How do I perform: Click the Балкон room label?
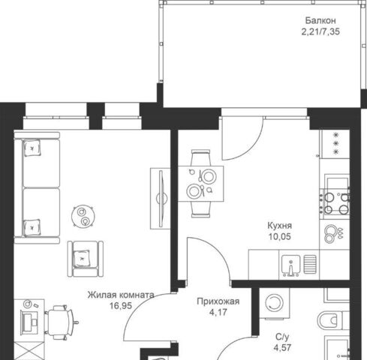pyautogui.click(x=320, y=20)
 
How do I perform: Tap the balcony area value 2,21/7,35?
pyautogui.click(x=320, y=32)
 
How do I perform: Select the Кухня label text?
pyautogui.click(x=280, y=226)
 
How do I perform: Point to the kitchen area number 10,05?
pyautogui.click(x=280, y=236)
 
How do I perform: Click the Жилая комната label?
pyautogui.click(x=121, y=295)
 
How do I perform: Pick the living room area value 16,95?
pyautogui.click(x=121, y=305)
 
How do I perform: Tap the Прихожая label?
pyautogui.click(x=218, y=301)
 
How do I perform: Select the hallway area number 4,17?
pyautogui.click(x=218, y=312)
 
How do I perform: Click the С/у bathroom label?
pyautogui.click(x=282, y=337)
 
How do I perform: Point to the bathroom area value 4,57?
pyautogui.click(x=282, y=348)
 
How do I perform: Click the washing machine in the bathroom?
pyautogui.click(x=274, y=304)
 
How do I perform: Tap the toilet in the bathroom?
pyautogui.click(x=333, y=319)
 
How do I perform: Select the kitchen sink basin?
pyautogui.click(x=290, y=265)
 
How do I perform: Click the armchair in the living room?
pyautogui.click(x=86, y=259)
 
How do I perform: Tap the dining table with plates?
pyautogui.click(x=200, y=184)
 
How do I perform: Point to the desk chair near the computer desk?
pyautogui.click(x=61, y=322)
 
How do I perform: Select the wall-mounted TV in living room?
pyautogui.click(x=161, y=199)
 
